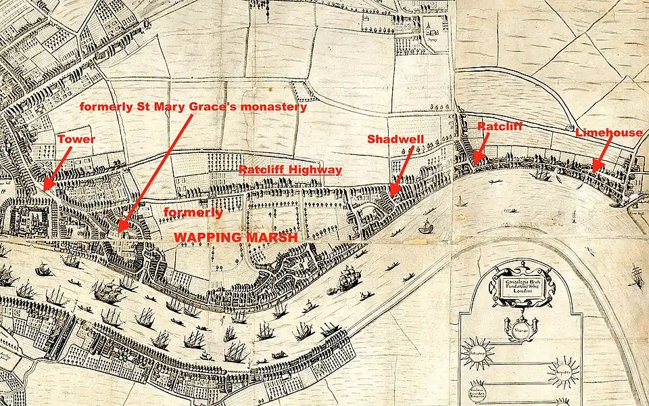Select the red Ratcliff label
click(500, 126)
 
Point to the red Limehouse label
click(608, 133)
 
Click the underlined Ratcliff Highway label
click(291, 170)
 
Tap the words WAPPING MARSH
click(236, 238)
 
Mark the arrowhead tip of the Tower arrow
click(44, 188)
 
